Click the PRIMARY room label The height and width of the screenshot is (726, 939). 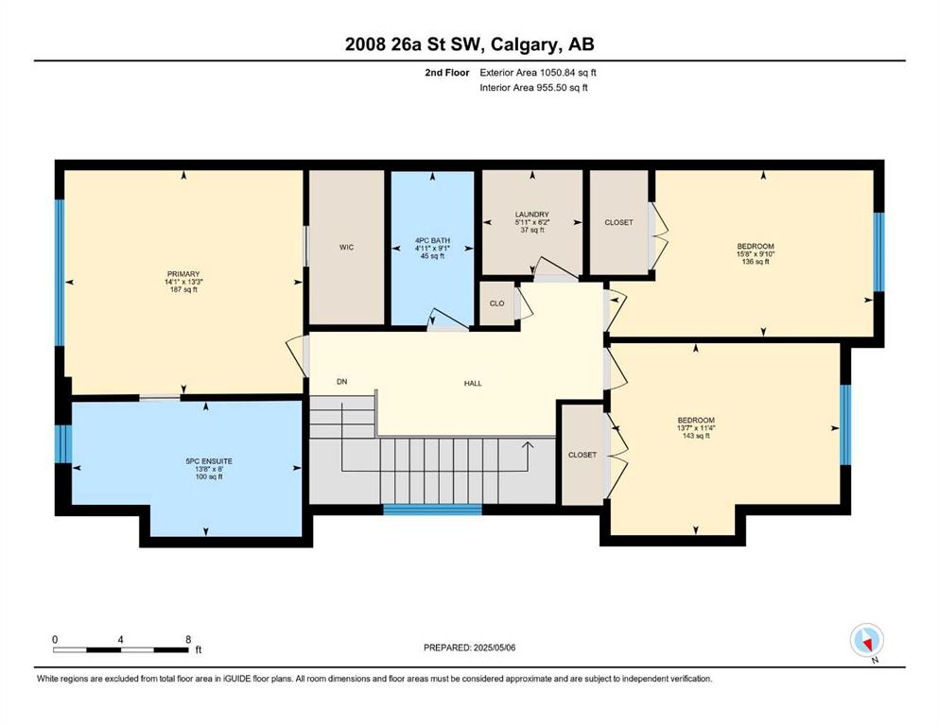183,274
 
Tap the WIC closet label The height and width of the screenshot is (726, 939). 347,247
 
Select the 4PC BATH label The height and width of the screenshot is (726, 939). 432,241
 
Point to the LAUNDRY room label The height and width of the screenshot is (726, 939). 531,215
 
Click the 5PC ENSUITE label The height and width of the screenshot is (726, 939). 209,461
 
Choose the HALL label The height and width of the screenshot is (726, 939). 473,384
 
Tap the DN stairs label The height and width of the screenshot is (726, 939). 342,382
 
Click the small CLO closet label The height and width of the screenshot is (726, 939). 497,303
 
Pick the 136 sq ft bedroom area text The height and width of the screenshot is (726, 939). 756,262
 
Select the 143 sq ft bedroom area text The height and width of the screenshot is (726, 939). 696,436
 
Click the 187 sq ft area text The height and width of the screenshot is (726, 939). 183,289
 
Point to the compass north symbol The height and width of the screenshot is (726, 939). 867,641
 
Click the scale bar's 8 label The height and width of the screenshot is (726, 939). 188,639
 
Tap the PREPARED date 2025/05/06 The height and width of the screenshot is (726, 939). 495,648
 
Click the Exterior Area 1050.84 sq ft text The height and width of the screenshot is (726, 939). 538,73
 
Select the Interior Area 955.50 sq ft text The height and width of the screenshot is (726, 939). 533,87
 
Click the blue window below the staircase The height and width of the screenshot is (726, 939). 432,510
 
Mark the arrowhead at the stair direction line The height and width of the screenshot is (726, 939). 528,444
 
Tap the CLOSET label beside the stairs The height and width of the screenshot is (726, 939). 583,455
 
